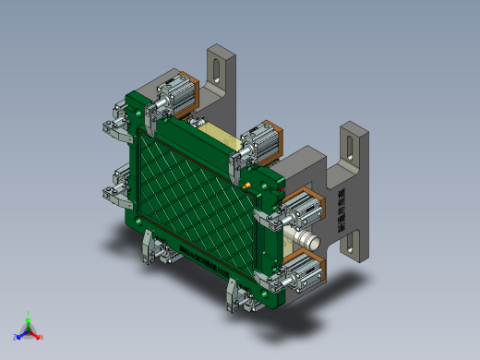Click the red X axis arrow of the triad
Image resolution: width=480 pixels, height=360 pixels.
tap(39, 336)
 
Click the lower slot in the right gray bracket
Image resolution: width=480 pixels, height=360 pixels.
tap(351, 243)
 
